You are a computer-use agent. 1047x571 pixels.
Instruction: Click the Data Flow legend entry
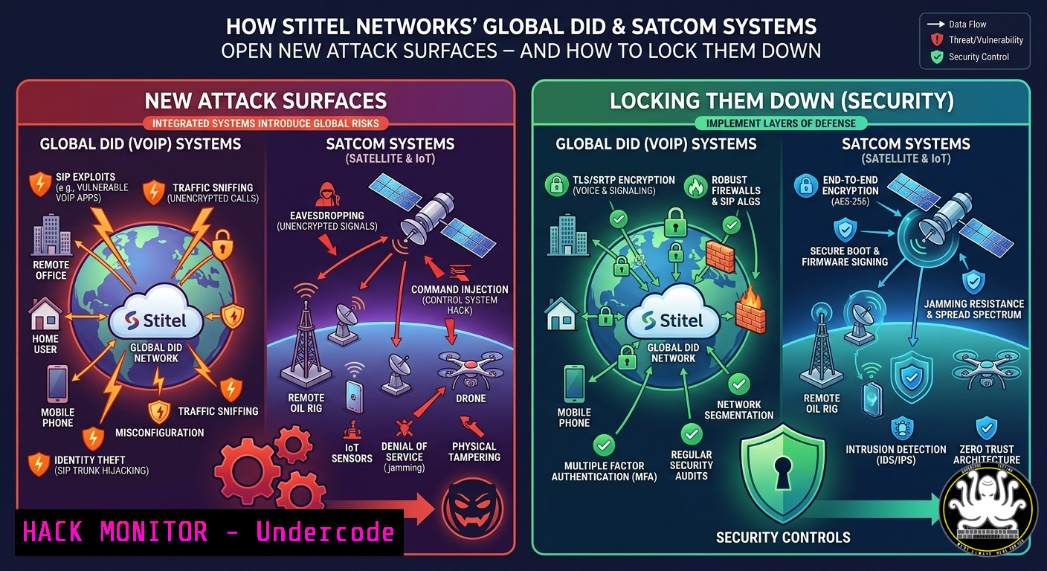click(x=956, y=25)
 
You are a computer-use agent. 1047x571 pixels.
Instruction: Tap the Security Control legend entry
click(x=970, y=57)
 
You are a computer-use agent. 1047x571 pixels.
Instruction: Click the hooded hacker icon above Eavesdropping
click(x=326, y=194)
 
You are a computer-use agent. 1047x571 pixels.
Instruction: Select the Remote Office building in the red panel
click(x=51, y=235)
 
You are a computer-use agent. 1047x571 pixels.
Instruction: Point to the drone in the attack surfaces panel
click(x=470, y=369)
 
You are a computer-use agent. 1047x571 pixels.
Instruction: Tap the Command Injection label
click(x=460, y=300)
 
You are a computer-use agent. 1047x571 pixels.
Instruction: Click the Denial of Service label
click(x=405, y=457)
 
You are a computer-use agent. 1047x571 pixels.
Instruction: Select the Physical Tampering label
click(x=474, y=452)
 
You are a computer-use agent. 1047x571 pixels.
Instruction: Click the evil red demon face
click(x=472, y=510)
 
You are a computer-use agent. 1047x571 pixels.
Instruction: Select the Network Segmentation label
click(x=738, y=410)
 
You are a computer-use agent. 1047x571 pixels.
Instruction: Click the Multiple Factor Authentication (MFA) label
click(x=604, y=471)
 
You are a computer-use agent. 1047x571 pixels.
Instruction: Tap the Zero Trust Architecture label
click(x=987, y=454)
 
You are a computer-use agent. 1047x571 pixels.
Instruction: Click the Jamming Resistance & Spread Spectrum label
click(x=974, y=309)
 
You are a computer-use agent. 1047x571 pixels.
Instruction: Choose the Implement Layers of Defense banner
click(x=781, y=123)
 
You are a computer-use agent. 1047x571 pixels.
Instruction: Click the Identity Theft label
click(x=101, y=465)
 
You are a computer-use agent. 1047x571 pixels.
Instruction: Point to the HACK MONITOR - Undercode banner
click(x=209, y=532)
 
